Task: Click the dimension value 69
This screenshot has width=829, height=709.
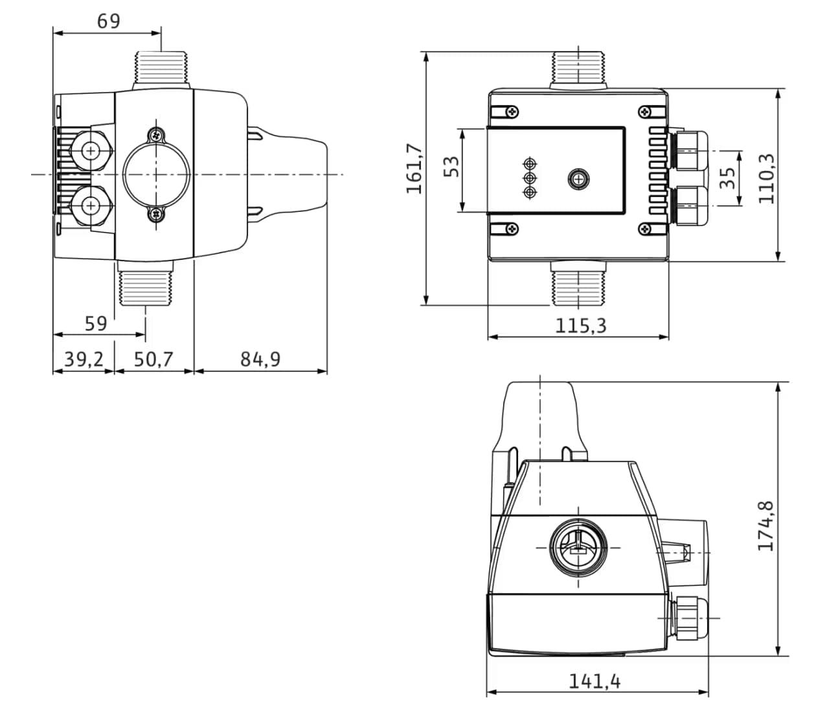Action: coord(108,21)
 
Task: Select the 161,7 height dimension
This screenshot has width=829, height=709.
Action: coord(414,169)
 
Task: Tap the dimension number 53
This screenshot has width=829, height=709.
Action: coord(453,167)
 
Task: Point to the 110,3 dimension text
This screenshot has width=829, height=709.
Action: coord(766,178)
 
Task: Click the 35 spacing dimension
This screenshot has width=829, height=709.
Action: coord(728,178)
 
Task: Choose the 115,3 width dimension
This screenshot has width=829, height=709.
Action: coord(580,325)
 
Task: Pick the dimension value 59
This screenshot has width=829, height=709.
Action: coord(95,323)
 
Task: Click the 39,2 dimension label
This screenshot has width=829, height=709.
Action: coord(83,359)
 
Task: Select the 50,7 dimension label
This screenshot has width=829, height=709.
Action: coord(153,359)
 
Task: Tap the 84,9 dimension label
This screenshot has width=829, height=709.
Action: coord(260,359)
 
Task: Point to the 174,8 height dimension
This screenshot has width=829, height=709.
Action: coord(766,525)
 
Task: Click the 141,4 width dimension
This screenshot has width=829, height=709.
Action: coord(595,681)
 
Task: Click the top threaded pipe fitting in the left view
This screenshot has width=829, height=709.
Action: coord(161,67)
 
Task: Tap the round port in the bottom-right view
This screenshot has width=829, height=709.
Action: coord(578,547)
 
